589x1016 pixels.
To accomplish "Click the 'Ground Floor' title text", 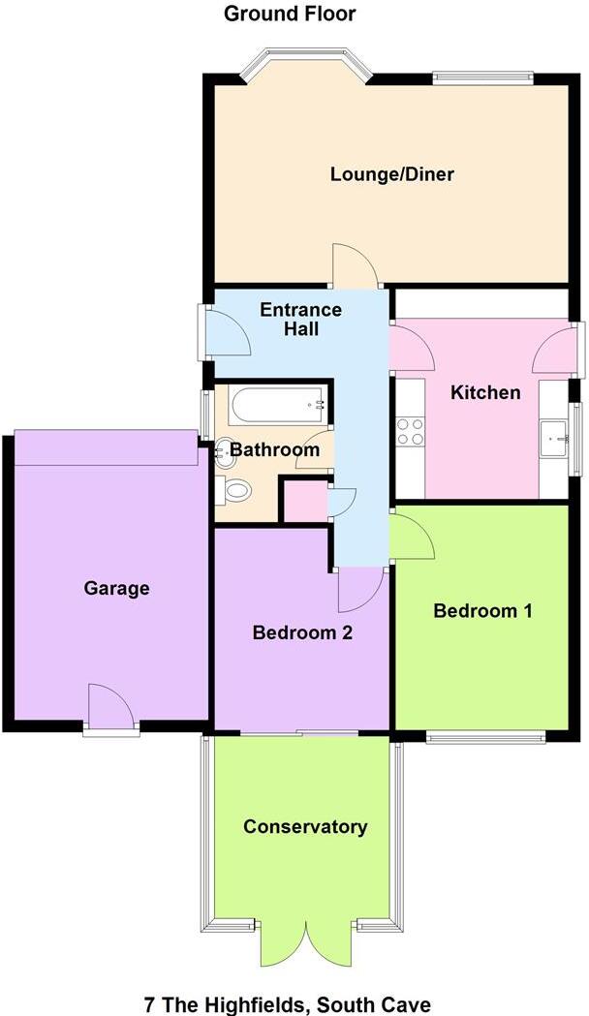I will (276, 14).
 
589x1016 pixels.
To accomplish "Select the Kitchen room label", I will (485, 392).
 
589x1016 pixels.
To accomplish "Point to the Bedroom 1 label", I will (482, 611).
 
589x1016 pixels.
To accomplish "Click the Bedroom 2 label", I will (301, 633).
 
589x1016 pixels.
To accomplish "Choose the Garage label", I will (116, 588).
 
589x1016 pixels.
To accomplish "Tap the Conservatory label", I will (305, 826).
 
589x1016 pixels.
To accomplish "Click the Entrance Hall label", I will (300, 319).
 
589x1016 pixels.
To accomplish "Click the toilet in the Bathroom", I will (233, 490).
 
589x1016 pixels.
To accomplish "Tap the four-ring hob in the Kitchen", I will (410, 430).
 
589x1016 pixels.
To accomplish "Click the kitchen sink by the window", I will (556, 438).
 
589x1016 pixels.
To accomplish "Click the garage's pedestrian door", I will (108, 707).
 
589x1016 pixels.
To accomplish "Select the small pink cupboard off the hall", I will (302, 500).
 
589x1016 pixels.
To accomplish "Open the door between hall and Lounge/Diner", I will (356, 266).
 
